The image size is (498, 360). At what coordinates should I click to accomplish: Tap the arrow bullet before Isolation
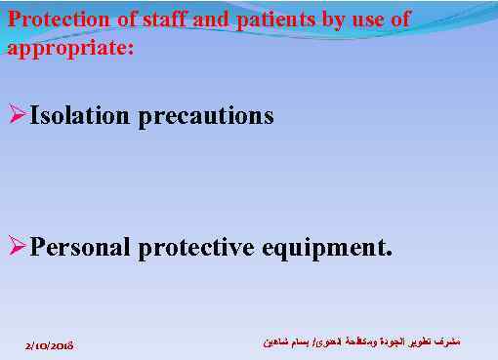pos(17,116)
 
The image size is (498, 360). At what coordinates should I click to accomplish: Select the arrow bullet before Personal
pos(17,246)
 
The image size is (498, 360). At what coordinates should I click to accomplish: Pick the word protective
pos(196,247)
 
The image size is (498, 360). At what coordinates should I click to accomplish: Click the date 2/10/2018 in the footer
pos(51,345)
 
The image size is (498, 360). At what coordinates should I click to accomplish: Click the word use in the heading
pos(355,20)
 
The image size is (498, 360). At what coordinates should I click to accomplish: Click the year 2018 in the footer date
pos(63,345)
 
